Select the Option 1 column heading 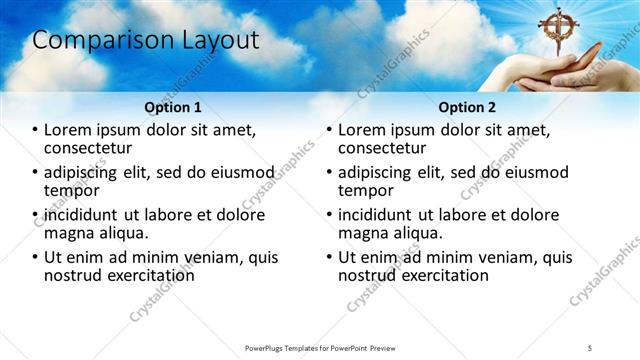pyautogui.click(x=173, y=106)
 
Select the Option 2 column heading pyautogui.click(x=466, y=106)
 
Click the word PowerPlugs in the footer pyautogui.click(x=270, y=347)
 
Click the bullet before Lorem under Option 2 pyautogui.click(x=329, y=130)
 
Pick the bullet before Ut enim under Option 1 pyautogui.click(x=35, y=257)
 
